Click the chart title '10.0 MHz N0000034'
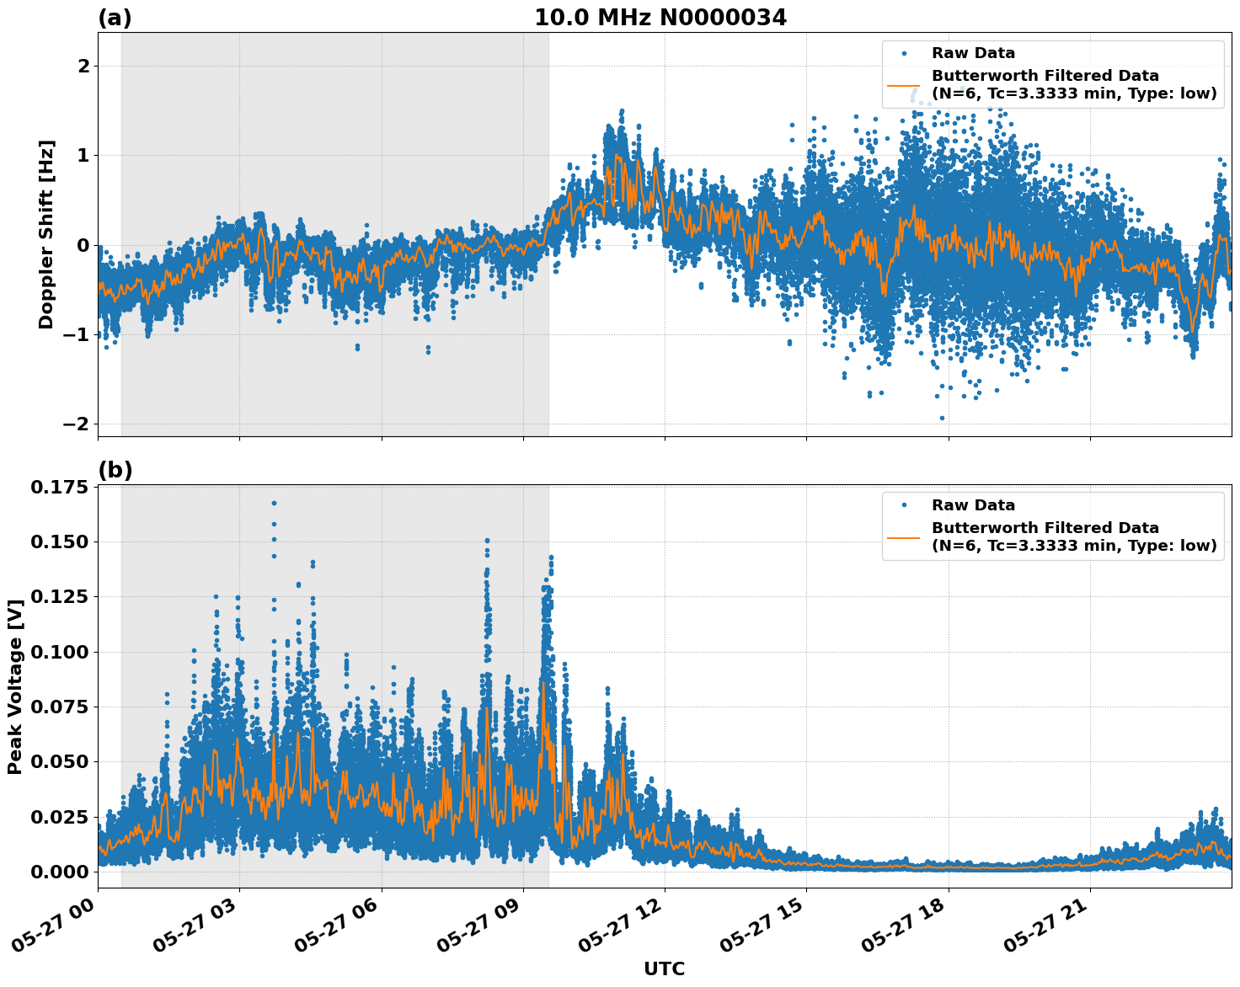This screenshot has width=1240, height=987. [660, 18]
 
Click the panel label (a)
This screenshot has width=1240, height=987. [115, 18]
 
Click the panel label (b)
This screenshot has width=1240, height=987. [115, 470]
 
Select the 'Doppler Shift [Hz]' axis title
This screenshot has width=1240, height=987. [46, 234]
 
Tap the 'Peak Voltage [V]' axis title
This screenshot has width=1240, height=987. [14, 686]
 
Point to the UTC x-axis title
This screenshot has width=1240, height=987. [664, 968]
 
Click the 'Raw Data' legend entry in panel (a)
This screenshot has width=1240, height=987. [973, 53]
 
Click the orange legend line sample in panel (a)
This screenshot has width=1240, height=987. [903, 84]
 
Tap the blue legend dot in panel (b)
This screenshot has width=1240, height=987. [903, 505]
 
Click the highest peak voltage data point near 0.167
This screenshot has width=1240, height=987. [274, 503]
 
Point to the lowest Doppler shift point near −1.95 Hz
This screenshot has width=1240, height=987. [942, 418]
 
